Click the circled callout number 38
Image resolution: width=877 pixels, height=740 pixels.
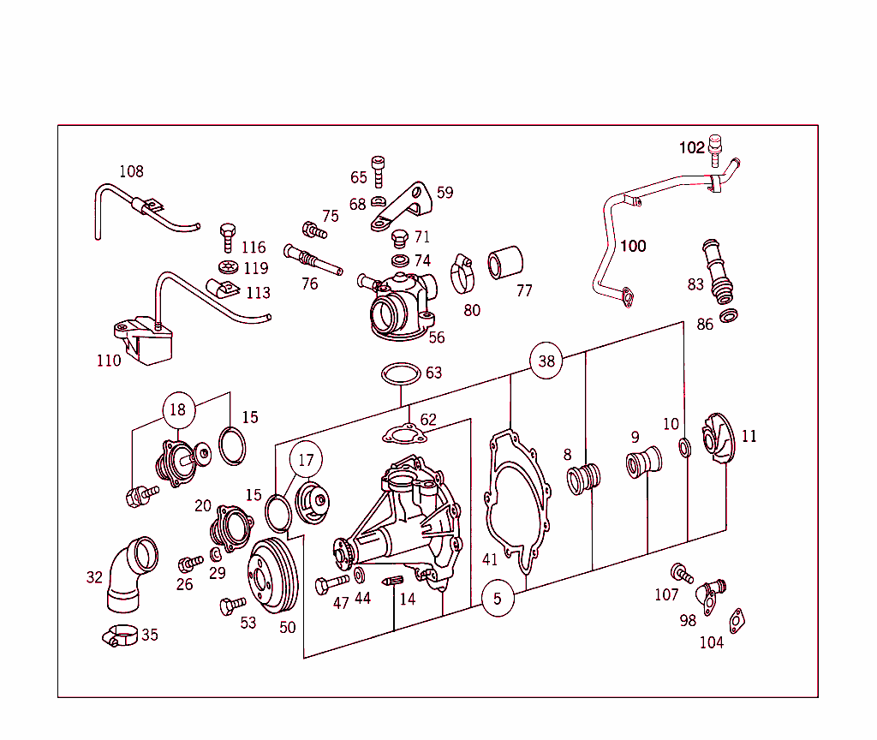[546, 361]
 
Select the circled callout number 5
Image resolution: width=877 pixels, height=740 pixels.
[498, 599]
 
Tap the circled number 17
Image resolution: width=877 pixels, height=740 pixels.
[306, 460]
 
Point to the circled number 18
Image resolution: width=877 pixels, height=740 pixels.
[177, 410]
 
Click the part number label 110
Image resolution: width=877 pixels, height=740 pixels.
[109, 361]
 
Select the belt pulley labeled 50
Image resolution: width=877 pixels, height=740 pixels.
[273, 576]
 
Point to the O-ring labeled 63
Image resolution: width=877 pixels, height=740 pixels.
[400, 374]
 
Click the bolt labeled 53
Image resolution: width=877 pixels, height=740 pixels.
[229, 606]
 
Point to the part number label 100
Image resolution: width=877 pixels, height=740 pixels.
[633, 246]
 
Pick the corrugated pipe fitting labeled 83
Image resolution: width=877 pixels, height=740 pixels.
[718, 271]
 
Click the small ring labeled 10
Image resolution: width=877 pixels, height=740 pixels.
[685, 446]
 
